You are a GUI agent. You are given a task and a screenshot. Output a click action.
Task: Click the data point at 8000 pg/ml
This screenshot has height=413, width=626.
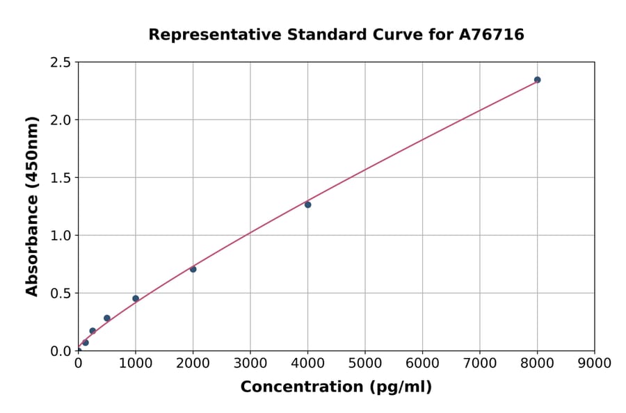pyautogui.click(x=537, y=80)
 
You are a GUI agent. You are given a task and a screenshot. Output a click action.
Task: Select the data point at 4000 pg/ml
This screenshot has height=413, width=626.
pyautogui.click(x=307, y=204)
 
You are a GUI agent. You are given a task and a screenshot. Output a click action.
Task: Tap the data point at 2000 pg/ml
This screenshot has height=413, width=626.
pyautogui.click(x=193, y=269)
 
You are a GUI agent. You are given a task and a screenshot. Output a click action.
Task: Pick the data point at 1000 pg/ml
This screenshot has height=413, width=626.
pyautogui.click(x=136, y=298)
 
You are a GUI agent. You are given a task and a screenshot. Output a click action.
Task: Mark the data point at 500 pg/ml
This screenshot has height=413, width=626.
pyautogui.click(x=107, y=318)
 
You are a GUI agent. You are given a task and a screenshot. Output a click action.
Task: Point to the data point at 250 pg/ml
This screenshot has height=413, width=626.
pyautogui.click(x=93, y=331)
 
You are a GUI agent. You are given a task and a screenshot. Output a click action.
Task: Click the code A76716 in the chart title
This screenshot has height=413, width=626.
pyautogui.click(x=492, y=35)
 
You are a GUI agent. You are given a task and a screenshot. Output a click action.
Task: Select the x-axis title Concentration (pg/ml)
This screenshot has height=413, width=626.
pyautogui.click(x=336, y=387)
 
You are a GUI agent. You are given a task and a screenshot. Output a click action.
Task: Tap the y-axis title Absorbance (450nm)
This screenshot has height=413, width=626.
pyautogui.click(x=32, y=206)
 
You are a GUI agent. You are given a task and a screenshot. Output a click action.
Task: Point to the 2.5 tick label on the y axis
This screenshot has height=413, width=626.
pyautogui.click(x=61, y=63)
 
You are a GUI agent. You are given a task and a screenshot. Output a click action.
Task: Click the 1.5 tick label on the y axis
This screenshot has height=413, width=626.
pyautogui.click(x=61, y=178)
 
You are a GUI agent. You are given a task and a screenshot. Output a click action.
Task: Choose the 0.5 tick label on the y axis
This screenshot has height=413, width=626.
pyautogui.click(x=61, y=293)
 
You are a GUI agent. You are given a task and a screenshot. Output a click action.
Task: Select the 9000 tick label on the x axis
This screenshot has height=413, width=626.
pyautogui.click(x=594, y=363)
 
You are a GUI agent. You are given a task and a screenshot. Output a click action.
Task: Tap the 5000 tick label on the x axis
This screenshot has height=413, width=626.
pyautogui.click(x=365, y=363)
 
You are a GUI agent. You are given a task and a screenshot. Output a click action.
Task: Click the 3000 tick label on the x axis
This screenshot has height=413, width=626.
pyautogui.click(x=250, y=363)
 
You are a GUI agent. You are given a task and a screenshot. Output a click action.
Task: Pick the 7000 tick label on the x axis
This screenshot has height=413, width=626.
pyautogui.click(x=480, y=363)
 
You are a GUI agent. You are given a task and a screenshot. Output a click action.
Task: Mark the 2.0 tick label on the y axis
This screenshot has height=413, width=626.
pyautogui.click(x=61, y=120)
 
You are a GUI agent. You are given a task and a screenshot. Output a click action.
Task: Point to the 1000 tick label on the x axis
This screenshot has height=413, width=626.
pyautogui.click(x=136, y=363)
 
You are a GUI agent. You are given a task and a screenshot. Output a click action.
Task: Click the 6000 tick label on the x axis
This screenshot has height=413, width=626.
pyautogui.click(x=422, y=363)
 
